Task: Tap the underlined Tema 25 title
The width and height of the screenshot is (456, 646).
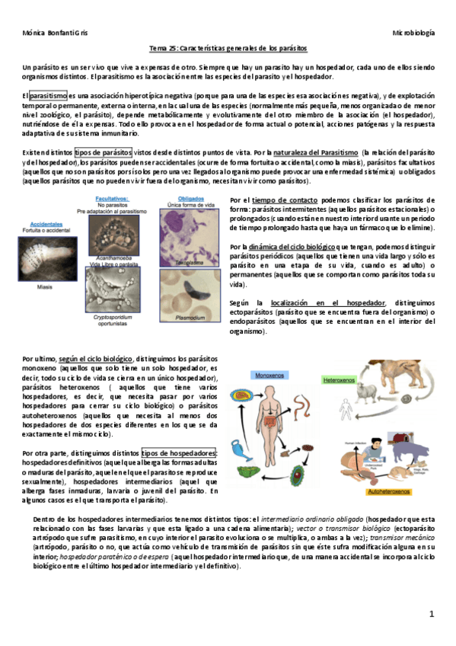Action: pos(228,48)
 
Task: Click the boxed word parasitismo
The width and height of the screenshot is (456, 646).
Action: pos(49,96)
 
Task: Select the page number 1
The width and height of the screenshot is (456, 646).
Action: pos(430,613)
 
